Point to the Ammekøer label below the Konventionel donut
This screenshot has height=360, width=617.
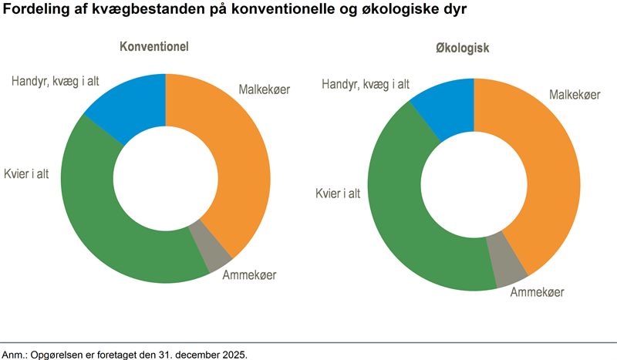[249, 274]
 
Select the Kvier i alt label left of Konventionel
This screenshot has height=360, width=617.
[26, 173]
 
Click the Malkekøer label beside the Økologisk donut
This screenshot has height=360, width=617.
[575, 95]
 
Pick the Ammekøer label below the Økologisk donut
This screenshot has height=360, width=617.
[537, 292]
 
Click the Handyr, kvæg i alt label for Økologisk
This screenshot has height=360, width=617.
[366, 84]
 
